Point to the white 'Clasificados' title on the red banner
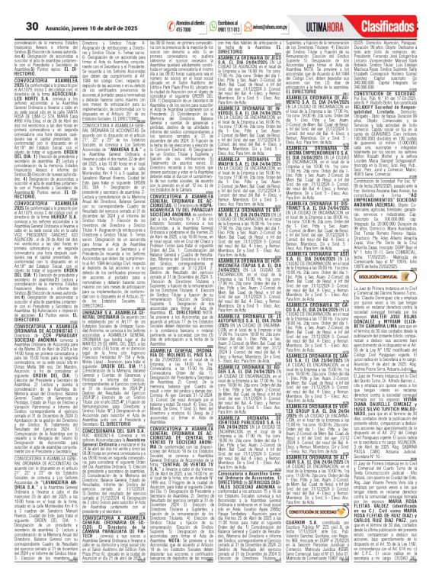[408, 16]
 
